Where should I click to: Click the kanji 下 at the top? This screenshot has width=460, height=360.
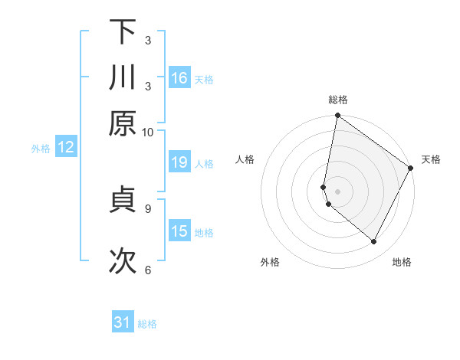(123, 31)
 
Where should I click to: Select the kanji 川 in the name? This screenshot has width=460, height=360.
(123, 77)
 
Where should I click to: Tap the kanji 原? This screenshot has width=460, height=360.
(123, 123)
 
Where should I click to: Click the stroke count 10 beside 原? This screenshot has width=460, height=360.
(148, 132)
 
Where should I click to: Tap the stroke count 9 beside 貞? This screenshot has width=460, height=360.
(148, 207)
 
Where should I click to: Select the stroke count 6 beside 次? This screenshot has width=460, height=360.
(148, 270)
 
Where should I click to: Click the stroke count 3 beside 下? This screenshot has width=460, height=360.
(148, 40)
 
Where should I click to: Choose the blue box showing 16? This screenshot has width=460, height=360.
(179, 78)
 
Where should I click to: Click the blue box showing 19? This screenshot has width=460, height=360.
(179, 162)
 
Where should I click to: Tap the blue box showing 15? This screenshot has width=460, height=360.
(179, 231)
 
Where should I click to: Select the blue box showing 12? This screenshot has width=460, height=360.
(66, 148)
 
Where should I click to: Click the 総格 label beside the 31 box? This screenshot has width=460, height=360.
(147, 324)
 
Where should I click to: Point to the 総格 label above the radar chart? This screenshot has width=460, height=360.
(338, 100)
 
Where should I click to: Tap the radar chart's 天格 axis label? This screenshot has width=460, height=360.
(431, 159)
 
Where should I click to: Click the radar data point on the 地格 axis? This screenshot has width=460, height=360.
(374, 242)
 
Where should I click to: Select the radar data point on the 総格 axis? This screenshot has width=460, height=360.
(337, 116)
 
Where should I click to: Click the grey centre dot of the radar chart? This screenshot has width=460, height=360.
(337, 191)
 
